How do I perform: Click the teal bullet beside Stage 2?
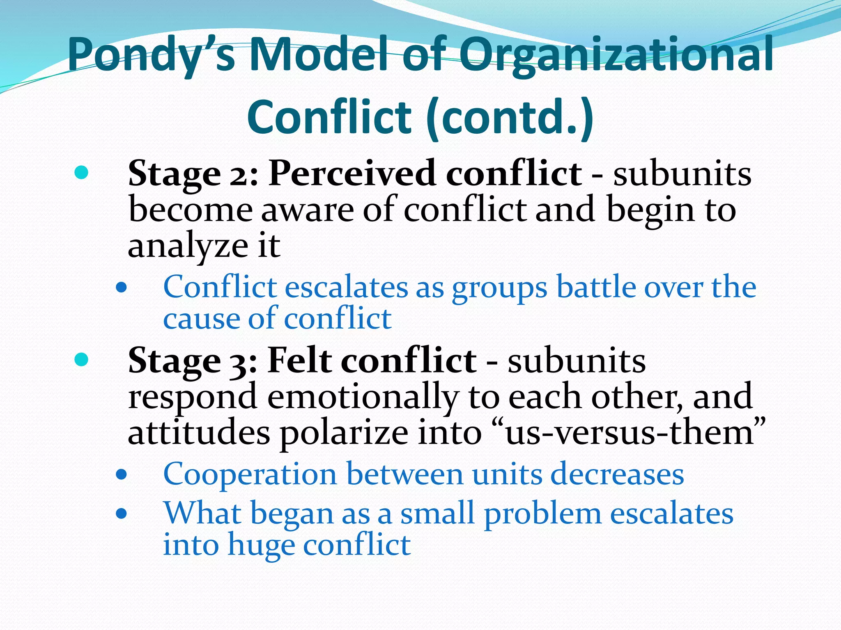[x=82, y=173]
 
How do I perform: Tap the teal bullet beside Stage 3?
[x=82, y=360]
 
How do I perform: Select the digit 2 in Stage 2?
[x=238, y=176]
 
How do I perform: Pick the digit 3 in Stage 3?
[x=238, y=363]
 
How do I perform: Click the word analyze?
[x=188, y=246]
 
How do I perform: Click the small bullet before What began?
[x=121, y=514]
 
